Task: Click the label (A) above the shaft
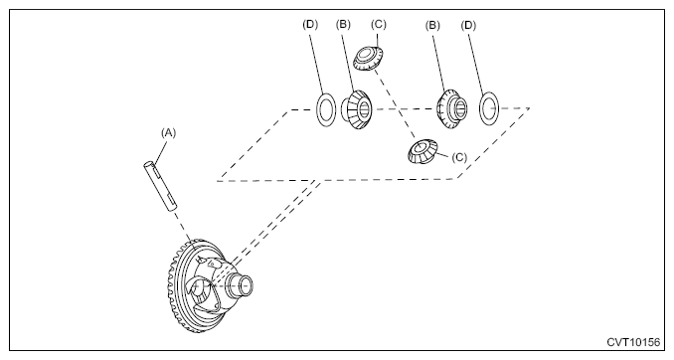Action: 169,133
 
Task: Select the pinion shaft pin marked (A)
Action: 160,186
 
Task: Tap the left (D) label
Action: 310,25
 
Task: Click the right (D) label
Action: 468,26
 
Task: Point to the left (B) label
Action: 343,25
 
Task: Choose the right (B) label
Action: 432,26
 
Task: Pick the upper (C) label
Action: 379,25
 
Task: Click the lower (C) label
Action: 459,157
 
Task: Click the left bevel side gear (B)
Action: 356,109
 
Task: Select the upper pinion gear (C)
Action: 369,58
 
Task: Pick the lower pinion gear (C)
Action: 422,151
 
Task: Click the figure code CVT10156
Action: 633,342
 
